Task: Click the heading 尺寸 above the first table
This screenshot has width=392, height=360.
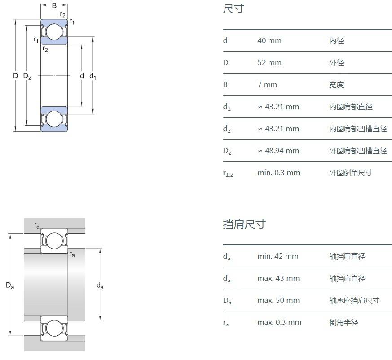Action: pos(233,9)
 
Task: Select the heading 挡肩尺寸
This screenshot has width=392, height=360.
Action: pos(244,224)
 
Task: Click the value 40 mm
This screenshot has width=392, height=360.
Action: pos(269,41)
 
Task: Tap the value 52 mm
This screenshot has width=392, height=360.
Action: pos(269,63)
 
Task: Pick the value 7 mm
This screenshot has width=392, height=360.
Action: pos(267,85)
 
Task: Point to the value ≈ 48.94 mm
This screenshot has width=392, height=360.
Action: pos(278,151)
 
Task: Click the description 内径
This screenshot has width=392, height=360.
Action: pos(336,41)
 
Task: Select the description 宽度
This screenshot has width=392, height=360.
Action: pos(336,85)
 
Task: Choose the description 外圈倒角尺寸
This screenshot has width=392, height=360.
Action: pos(351,173)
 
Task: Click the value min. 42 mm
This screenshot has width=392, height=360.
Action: pos(277,257)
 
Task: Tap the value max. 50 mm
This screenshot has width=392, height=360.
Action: pos(278,301)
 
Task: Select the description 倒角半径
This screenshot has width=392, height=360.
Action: pos(344,323)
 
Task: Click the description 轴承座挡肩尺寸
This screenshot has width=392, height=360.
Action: pos(354,301)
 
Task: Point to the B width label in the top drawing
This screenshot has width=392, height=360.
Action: pos(54,6)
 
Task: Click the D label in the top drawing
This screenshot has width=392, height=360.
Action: pos(15,76)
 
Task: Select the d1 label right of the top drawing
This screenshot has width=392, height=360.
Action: pos(92,76)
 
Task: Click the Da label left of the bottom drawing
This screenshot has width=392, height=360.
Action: pos(9,285)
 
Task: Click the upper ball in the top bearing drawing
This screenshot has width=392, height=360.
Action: pos(54,31)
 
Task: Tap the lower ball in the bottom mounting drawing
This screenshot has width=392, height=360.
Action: pos(54,328)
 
